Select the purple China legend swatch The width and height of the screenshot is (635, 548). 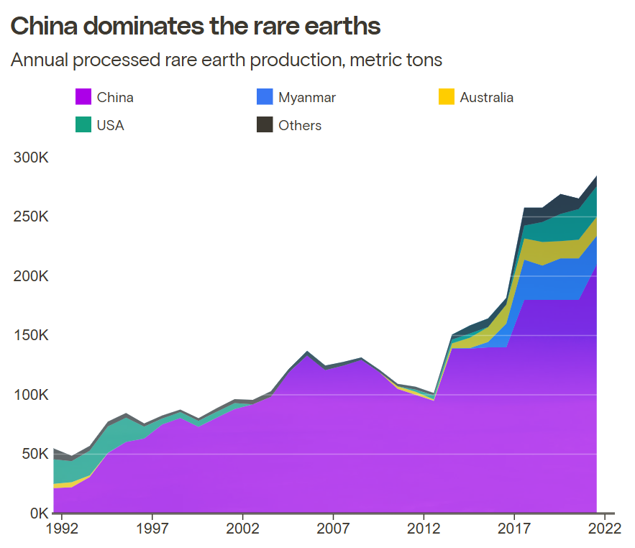83,97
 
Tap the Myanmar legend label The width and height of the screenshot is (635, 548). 307,97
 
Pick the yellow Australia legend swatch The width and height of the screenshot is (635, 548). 447,97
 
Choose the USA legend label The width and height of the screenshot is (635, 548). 111,125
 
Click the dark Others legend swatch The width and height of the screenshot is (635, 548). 265,125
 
